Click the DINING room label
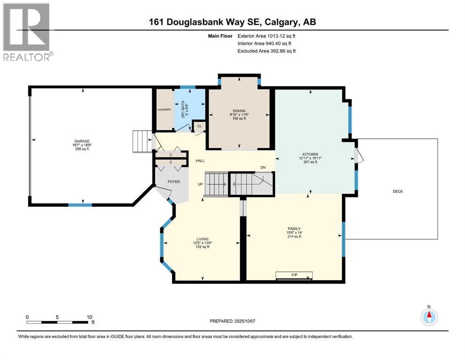(239, 111)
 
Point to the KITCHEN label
(310, 154)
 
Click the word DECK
(398, 191)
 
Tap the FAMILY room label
(294, 229)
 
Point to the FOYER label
(174, 181)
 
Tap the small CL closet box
(199, 126)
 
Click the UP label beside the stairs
(200, 184)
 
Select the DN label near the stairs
(263, 168)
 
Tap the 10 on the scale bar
(89, 317)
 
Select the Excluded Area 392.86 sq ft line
(266, 51)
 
